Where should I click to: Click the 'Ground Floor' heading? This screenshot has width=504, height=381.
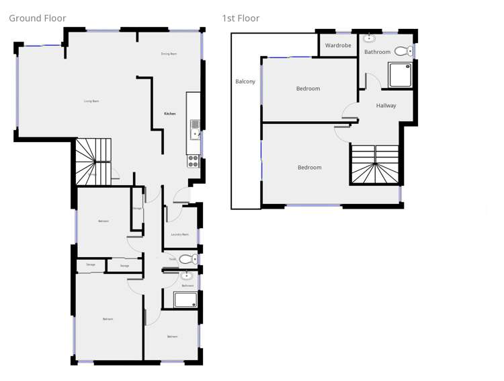click(x=37, y=18)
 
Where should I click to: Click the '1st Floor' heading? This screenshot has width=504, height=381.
click(x=241, y=18)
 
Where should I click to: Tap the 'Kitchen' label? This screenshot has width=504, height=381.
click(x=170, y=114)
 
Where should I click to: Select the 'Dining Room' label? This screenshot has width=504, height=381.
click(x=169, y=54)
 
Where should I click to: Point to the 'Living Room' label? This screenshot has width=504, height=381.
click(x=91, y=101)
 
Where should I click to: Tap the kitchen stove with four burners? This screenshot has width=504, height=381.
click(x=193, y=160)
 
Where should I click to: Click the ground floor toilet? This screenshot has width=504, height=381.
click(x=187, y=258)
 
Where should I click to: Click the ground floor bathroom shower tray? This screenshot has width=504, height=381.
click(x=185, y=300)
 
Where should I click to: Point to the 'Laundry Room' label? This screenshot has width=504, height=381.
click(x=179, y=234)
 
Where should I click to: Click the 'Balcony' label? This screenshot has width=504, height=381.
click(x=245, y=81)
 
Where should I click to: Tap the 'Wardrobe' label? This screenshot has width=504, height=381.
click(x=338, y=46)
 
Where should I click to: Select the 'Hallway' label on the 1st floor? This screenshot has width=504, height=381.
click(x=386, y=106)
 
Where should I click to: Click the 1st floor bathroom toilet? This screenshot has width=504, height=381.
click(x=403, y=50)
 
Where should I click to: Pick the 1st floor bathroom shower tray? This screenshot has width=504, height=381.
click(x=401, y=75)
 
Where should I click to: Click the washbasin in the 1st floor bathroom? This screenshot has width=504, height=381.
click(x=370, y=38)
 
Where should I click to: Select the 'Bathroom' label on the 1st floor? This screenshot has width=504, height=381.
click(x=377, y=52)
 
